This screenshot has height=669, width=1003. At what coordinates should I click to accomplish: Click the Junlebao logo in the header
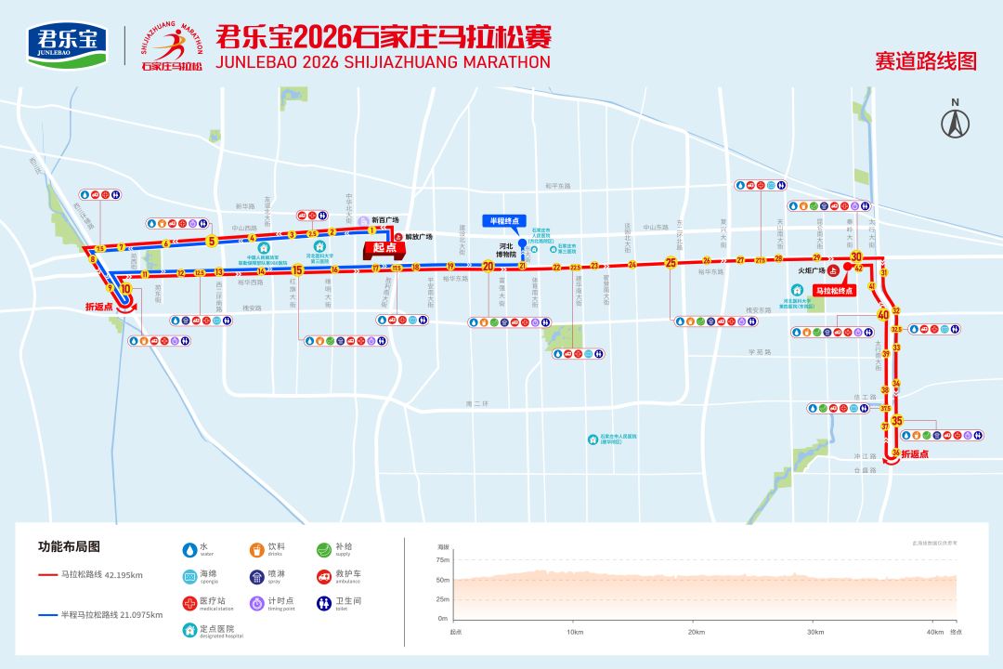[67, 44]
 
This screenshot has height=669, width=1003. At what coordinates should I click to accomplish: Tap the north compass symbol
[955, 122]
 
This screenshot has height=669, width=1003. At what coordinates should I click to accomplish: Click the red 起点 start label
[384, 248]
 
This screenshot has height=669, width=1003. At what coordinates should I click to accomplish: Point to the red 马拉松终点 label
[833, 291]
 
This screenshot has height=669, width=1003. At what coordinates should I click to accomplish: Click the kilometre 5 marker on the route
[212, 242]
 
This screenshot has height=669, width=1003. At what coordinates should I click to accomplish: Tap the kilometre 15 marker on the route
[297, 270]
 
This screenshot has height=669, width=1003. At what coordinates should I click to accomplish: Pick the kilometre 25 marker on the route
[671, 263]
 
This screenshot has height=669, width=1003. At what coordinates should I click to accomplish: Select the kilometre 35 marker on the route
[896, 421]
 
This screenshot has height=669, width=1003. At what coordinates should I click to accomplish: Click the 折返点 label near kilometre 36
[915, 454]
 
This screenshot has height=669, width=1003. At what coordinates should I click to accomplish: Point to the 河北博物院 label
[506, 250]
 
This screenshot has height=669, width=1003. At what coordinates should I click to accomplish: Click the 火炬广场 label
[811, 271]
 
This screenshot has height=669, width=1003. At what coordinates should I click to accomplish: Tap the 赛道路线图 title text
[925, 61]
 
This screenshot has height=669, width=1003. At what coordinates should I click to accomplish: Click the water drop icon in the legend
[189, 549]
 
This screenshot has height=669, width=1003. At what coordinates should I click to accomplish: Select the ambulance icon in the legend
[323, 576]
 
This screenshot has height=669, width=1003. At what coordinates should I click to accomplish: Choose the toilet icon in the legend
[323, 603]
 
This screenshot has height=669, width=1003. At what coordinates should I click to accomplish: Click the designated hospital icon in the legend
[189, 630]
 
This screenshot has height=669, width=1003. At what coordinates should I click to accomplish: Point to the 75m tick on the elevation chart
[443, 559]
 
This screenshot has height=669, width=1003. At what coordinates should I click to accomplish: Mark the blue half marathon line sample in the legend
[47, 614]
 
